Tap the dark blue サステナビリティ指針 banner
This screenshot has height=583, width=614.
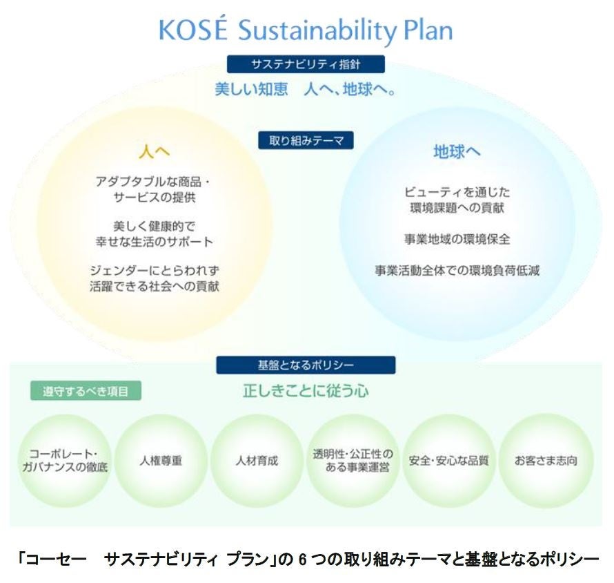[306, 64]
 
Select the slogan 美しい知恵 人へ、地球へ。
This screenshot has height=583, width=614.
[306, 90]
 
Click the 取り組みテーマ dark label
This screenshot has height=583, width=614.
[306, 140]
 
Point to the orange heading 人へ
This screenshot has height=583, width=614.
[154, 150]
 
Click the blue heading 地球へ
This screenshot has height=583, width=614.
[457, 151]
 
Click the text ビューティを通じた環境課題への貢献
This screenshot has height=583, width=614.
[457, 199]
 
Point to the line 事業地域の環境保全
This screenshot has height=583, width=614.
[457, 239]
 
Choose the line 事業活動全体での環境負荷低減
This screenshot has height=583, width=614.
[457, 271]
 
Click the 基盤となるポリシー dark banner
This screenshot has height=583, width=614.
[306, 364]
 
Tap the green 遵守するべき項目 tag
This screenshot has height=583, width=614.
[86, 391]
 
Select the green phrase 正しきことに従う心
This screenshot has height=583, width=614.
[306, 391]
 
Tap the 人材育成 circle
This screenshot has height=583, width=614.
[257, 460]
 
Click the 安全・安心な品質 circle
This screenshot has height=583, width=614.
[448, 460]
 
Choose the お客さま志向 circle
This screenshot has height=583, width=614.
[546, 460]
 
